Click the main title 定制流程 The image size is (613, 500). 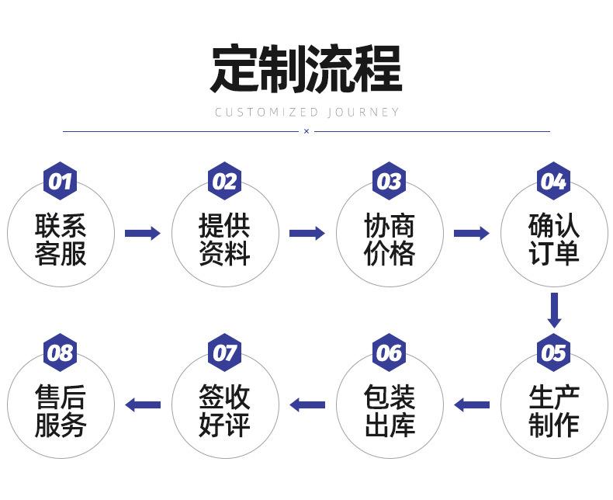coord(306,69)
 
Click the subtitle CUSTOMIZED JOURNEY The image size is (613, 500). coord(307,113)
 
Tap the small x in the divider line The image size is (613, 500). coord(306,131)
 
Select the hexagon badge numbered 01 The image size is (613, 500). coord(60,181)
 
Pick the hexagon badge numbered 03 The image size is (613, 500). coord(389,181)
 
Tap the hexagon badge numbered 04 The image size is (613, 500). coord(553,181)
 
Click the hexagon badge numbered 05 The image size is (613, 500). coord(553,352)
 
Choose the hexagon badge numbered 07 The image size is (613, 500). coord(224,352)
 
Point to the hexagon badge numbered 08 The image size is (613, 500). coord(60,352)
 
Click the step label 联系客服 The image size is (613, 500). coord(61,239)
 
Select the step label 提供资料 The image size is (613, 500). coord(224,239)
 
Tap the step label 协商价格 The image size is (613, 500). coord(389,239)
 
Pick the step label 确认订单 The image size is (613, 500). coord(553,239)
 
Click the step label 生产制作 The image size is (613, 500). coord(553,411)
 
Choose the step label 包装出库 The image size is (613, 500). coord(389,411)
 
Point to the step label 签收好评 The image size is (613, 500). coord(224,411)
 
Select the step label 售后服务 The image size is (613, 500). coord(61,411)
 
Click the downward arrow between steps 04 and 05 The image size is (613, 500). coord(554,311)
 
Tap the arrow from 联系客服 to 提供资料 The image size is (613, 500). coord(143,233)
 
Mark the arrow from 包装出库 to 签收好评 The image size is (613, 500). coord(307,405)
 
